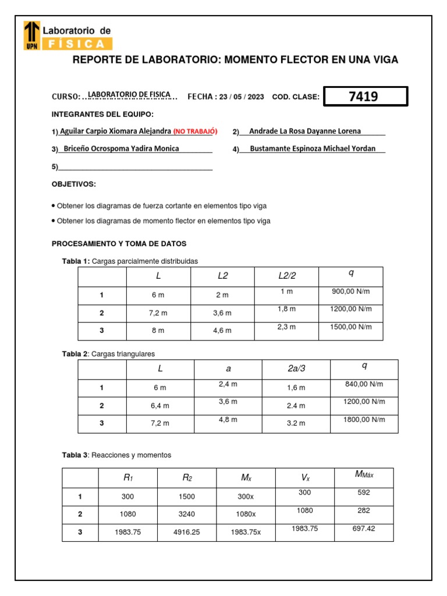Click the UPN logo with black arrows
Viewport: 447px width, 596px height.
[x=33, y=36]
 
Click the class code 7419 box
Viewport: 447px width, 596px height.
[x=365, y=97]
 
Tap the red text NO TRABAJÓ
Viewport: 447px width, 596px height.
[x=195, y=132]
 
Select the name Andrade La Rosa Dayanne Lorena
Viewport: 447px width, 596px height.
[x=304, y=132]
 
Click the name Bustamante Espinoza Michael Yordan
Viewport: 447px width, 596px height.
[x=313, y=149]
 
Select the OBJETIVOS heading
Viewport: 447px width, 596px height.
[x=74, y=185]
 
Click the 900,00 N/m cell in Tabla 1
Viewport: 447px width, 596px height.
[x=350, y=292]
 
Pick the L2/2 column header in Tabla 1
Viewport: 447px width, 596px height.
[x=287, y=276]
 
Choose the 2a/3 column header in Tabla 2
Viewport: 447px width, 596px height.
[x=296, y=369]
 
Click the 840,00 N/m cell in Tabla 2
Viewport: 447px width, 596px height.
[x=364, y=384]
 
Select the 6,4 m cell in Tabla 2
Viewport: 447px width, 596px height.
[x=159, y=406]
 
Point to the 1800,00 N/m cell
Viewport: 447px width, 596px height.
[x=364, y=420]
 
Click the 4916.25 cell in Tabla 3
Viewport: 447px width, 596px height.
[x=187, y=533]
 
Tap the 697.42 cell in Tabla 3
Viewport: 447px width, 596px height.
[x=364, y=528]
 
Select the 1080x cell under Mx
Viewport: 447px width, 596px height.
[x=245, y=515]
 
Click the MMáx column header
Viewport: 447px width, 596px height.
[x=364, y=475]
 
